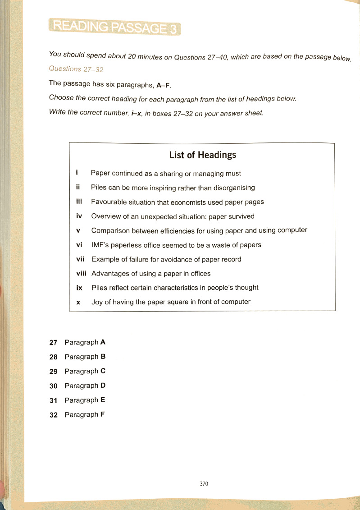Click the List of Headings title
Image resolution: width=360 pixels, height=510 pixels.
[x=202, y=155]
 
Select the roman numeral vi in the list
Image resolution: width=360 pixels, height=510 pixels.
[x=78, y=245]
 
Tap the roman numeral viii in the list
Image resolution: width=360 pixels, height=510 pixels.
[x=80, y=273]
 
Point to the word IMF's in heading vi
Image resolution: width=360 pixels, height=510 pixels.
[x=101, y=245]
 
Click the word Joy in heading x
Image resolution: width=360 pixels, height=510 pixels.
[x=97, y=302]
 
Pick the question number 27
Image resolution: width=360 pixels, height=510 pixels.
[x=54, y=343]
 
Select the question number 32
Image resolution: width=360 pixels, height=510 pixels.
[x=54, y=415]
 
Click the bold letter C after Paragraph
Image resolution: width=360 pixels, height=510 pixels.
[x=103, y=371]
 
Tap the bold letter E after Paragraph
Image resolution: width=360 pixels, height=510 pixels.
[x=103, y=400]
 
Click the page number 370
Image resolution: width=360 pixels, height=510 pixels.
[x=204, y=483]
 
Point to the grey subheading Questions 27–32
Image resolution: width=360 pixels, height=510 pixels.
[x=76, y=69]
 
